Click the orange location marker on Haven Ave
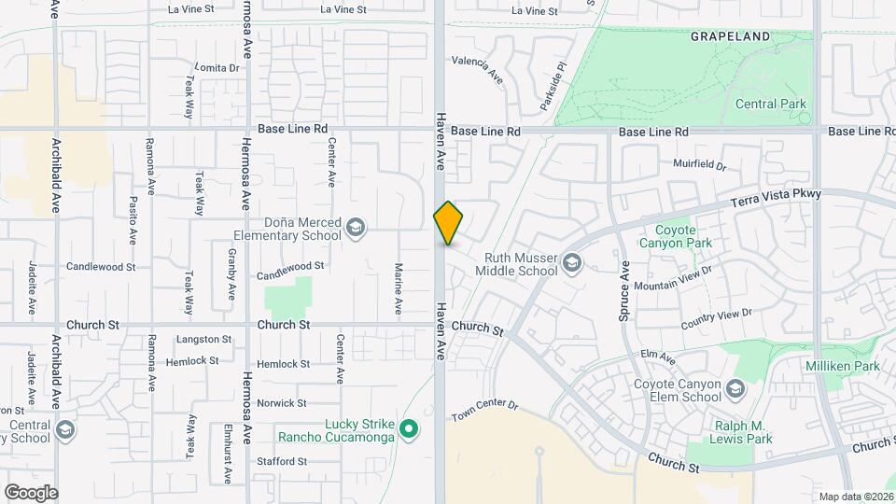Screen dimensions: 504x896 tap(448, 222)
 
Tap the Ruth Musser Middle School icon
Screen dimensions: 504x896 tap(571, 264)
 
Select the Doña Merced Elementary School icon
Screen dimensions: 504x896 tap(356, 228)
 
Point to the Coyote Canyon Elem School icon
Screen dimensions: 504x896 tap(735, 389)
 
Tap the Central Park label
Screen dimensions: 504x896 tap(770, 104)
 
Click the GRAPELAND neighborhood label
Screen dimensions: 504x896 tap(730, 36)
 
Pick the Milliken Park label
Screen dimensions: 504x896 tap(844, 367)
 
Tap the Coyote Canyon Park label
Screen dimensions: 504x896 tap(675, 236)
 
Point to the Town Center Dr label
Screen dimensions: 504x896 tap(483, 408)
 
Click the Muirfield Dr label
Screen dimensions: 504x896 tap(699, 164)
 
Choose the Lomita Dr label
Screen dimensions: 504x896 tap(218, 68)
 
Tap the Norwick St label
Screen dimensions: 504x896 tap(282, 403)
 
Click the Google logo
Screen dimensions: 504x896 tap(31, 493)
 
